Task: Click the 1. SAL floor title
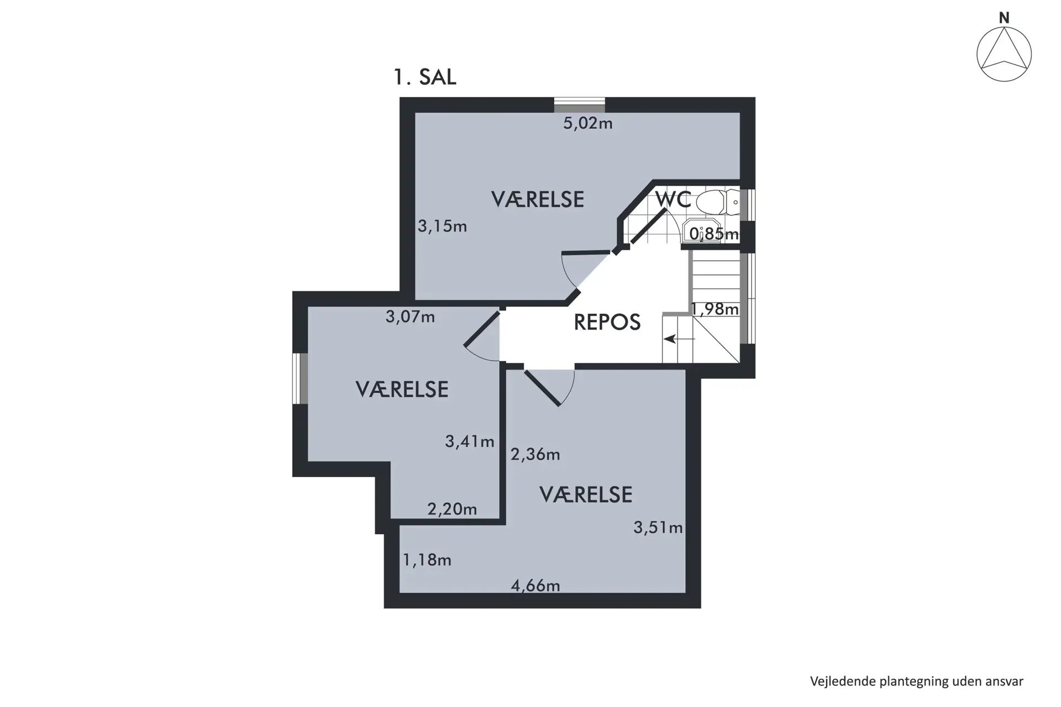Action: point(424,77)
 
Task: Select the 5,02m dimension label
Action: point(588,123)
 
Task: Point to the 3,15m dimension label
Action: point(442,226)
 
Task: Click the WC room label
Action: point(673,199)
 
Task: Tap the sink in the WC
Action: point(702,230)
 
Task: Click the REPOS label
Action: point(607,322)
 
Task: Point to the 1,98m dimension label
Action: point(715,309)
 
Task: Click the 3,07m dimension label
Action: point(410,317)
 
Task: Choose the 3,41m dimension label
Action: point(470,441)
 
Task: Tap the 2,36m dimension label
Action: point(535,455)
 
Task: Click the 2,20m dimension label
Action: point(452,509)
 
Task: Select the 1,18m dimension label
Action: point(427,560)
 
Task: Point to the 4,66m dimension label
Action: point(535,585)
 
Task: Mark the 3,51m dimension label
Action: point(658,527)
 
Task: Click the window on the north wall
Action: point(580,105)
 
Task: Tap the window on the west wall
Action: point(300,379)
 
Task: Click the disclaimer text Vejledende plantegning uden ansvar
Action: point(917,682)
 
